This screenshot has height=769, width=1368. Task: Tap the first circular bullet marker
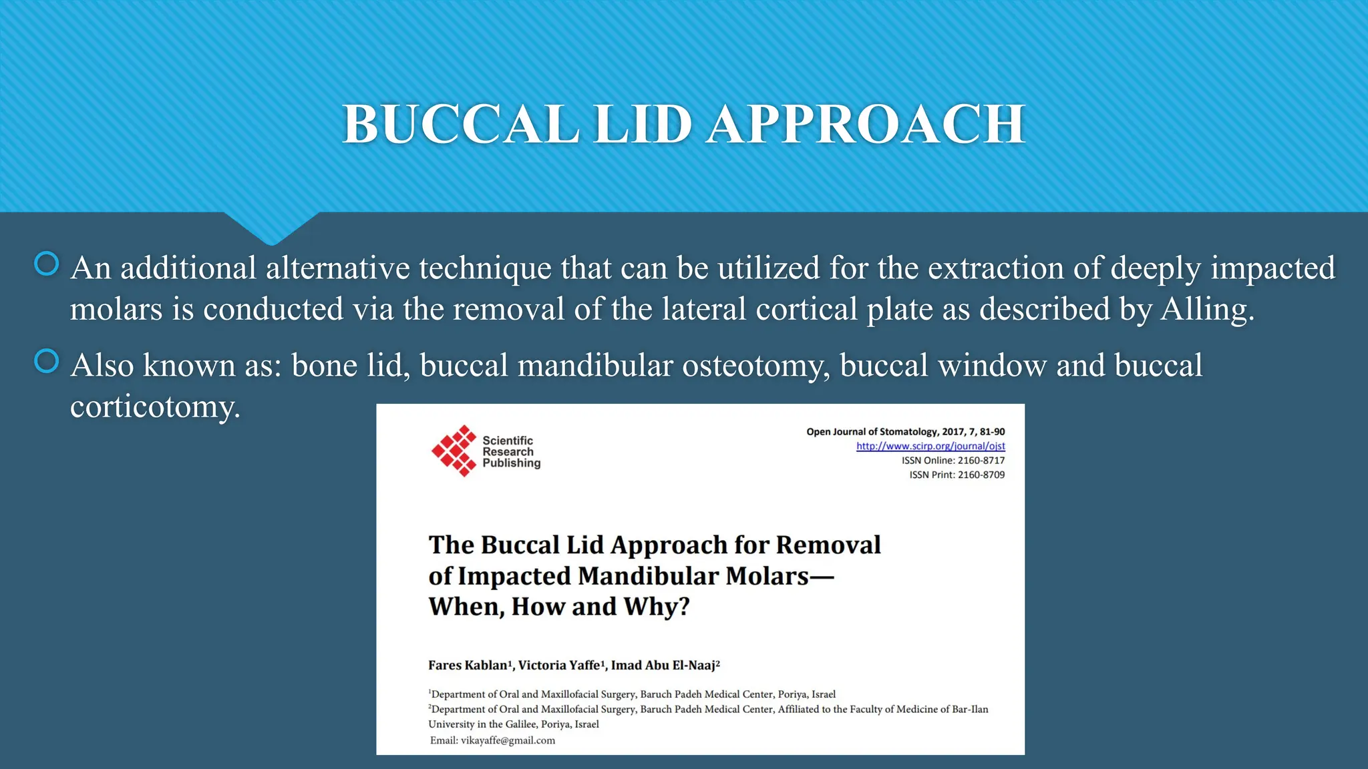coord(47,264)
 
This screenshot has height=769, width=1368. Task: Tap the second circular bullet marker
coord(47,361)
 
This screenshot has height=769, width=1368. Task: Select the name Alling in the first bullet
coord(1206,309)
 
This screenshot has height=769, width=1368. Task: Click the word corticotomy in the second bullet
coord(154,407)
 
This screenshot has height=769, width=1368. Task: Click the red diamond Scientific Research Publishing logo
coord(454,451)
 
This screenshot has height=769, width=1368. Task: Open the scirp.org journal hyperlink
coord(930,446)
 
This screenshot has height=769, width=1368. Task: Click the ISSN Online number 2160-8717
coord(981,461)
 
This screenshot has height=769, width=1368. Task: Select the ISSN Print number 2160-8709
coord(981,475)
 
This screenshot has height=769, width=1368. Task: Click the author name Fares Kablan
coord(468,665)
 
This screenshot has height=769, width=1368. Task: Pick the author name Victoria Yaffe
coord(559,665)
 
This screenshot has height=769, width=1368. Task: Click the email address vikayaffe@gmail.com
coord(508,740)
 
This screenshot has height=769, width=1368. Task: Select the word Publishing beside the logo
coord(511,463)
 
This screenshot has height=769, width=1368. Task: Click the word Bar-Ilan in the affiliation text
coord(970,709)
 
